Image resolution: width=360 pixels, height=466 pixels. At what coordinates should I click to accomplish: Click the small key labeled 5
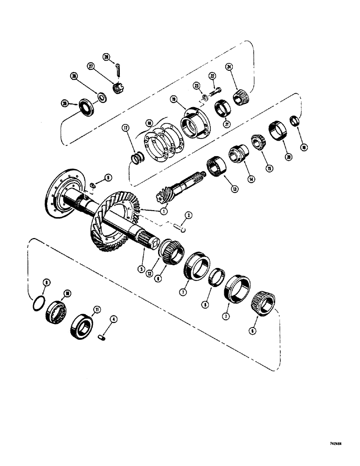click(93, 186)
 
